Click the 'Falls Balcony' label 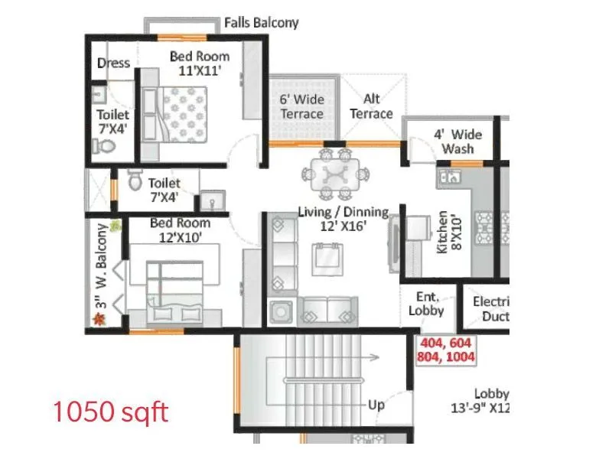[261, 23]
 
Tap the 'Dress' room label [113, 63]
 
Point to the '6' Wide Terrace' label [301, 106]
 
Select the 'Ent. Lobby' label [426, 304]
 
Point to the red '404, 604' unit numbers [446, 343]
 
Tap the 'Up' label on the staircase [376, 405]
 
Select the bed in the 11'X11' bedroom [184, 113]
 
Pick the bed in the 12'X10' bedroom [174, 289]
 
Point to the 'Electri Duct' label [490, 309]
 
